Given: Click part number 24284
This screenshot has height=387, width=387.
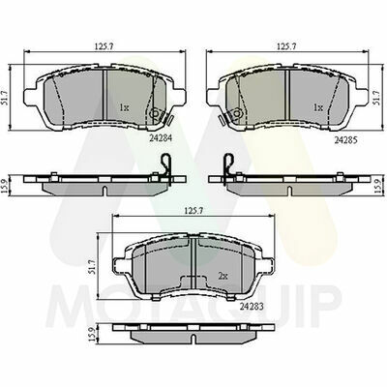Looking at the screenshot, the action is tap(161, 138).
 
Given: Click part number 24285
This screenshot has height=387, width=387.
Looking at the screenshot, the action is tap(346, 140).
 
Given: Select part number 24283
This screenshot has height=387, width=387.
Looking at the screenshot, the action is tap(252, 307).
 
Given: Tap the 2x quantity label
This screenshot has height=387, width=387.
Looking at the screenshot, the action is tap(223, 276).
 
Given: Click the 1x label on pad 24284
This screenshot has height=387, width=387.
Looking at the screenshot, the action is tap(124, 107).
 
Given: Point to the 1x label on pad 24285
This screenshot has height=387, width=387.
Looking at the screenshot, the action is tap(318, 107).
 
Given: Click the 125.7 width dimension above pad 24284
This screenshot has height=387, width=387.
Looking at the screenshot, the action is tap(104, 46).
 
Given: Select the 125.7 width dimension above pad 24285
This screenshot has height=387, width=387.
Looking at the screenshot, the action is tap(286, 46).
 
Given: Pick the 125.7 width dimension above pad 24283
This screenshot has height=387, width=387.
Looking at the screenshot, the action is tap(193, 210).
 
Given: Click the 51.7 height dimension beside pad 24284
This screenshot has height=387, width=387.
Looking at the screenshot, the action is tap(5, 97).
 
